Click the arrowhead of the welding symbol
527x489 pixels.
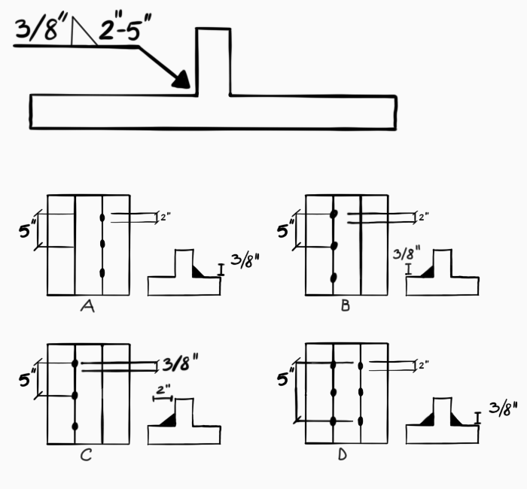tap(182, 80)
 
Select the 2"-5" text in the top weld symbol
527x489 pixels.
tap(125, 26)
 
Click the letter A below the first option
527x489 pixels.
tap(87, 306)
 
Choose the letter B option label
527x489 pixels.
tap(346, 305)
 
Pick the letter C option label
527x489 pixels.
tap(86, 455)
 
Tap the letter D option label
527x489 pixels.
tap(342, 454)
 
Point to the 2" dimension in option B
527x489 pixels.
tap(424, 217)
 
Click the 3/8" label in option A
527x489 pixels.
tap(245, 261)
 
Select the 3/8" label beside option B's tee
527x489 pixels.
tap(407, 253)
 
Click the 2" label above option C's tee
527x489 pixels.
tap(163, 390)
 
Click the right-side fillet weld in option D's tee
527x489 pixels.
tap(456, 420)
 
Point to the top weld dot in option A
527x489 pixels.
tap(102, 217)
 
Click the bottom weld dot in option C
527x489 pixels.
tap(75, 427)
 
